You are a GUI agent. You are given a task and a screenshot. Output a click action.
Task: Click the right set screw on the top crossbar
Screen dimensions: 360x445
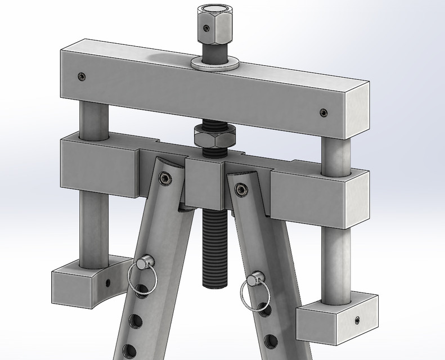tap(323, 112)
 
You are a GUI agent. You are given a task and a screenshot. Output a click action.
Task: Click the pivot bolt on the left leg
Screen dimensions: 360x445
tap(164, 178)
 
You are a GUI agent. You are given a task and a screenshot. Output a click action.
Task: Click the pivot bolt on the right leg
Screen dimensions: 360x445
tap(242, 190)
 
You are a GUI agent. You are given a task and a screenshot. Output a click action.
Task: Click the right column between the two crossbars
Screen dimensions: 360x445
tap(336, 152)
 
